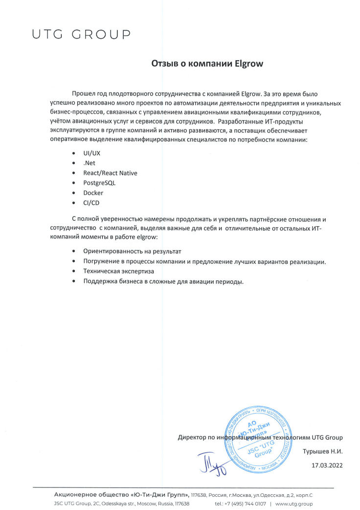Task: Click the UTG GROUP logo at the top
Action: (81, 34)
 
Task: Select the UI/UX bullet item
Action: (91, 153)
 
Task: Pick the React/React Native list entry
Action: (110, 173)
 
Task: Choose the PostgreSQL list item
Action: (99, 183)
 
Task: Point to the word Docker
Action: (93, 193)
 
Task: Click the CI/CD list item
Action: (91, 203)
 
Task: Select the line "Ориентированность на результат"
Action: (132, 252)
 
